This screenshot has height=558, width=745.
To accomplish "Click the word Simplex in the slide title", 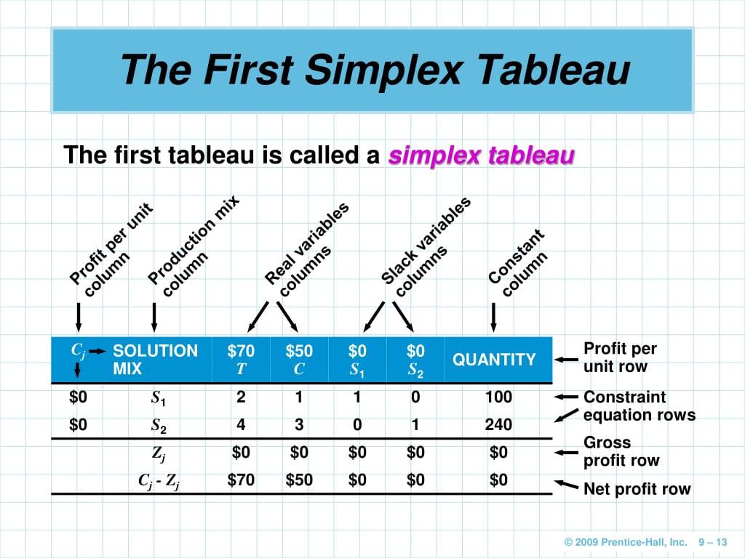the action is (x=383, y=70).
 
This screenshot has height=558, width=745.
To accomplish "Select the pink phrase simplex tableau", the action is (x=482, y=155).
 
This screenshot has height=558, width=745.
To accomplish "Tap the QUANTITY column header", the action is (x=494, y=360).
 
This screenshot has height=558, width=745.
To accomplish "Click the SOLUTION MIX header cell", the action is (x=156, y=359).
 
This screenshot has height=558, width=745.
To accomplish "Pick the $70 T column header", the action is (x=241, y=359).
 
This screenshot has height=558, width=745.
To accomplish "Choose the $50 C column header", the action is (x=299, y=359).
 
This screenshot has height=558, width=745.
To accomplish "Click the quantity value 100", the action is (x=498, y=397).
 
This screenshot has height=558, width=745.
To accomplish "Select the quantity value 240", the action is (x=498, y=424).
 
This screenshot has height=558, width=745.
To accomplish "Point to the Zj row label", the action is (x=159, y=453).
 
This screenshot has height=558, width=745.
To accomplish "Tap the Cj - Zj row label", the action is (x=159, y=481).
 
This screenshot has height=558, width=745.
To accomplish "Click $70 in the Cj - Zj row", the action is (x=241, y=480).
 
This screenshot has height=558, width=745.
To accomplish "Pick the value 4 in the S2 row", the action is (x=241, y=424).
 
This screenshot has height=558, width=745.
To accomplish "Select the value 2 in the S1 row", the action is (x=241, y=397).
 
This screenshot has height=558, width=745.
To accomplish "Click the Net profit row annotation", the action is (x=637, y=489).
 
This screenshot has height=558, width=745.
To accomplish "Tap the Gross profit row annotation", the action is (x=621, y=451).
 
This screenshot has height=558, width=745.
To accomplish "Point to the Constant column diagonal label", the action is (x=518, y=262).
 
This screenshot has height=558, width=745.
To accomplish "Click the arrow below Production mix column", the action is (x=154, y=317).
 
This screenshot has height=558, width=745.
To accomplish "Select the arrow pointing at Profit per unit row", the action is (x=566, y=360).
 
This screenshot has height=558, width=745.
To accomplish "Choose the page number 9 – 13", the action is (x=713, y=542).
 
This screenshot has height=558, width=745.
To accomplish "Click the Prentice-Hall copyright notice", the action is (x=626, y=542).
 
